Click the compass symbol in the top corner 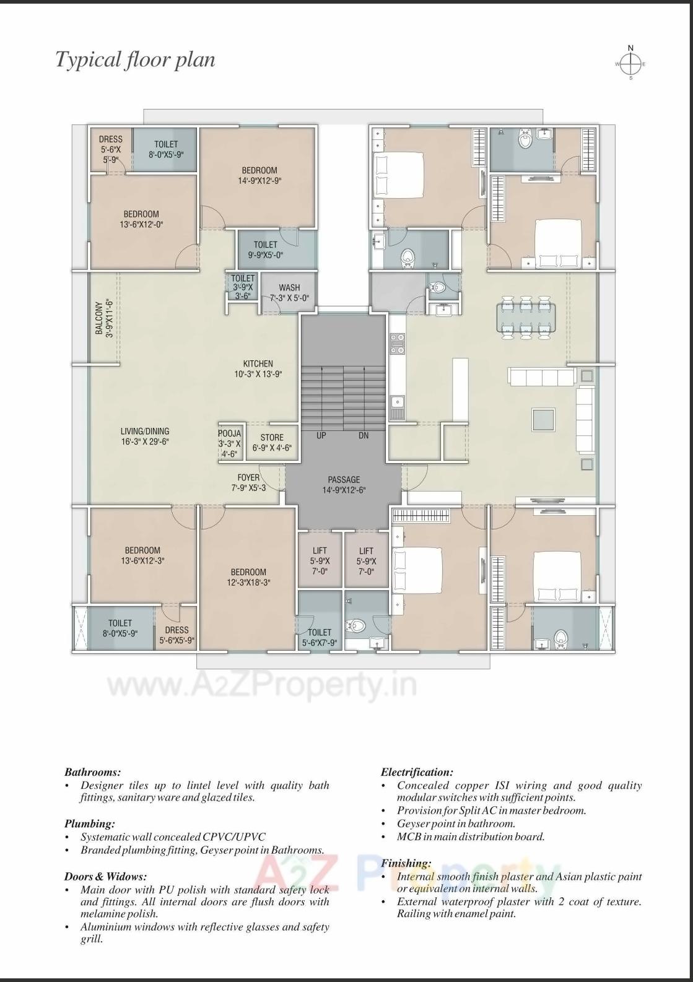click(630, 64)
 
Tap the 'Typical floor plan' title click(136, 59)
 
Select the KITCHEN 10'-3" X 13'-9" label click(258, 368)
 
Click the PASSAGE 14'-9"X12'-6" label click(344, 485)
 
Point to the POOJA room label click(229, 443)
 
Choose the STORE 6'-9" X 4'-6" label click(272, 443)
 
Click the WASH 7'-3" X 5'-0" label click(289, 292)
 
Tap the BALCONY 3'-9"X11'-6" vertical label click(104, 318)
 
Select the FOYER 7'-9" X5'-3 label click(248, 482)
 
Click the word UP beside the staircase click(321, 435)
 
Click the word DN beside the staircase click(364, 435)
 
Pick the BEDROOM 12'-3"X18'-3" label click(248, 577)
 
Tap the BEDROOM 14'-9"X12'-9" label click(259, 175)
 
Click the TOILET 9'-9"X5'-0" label click(265, 250)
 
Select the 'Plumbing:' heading click(90, 823)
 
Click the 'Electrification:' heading click(417, 772)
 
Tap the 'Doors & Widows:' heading click(105, 876)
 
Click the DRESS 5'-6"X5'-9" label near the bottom click(177, 635)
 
